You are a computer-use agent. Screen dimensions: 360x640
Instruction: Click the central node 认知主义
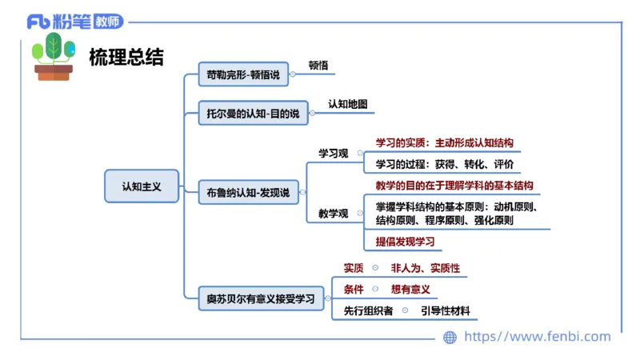pos(142,186)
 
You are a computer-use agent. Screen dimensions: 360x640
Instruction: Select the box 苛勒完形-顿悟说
pos(244,74)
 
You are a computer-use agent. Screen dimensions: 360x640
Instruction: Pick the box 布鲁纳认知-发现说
pos(247,192)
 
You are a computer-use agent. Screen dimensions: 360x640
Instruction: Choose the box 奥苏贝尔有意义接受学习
pos(261,299)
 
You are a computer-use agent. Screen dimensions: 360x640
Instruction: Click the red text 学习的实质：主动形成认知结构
pos(444,143)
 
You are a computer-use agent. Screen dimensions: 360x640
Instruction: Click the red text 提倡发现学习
pos(405,241)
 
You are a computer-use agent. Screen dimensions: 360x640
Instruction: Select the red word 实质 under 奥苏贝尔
pos(354,268)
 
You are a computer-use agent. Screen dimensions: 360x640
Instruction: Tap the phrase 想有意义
pos(410,289)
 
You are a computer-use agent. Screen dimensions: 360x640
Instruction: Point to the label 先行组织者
pos(368,310)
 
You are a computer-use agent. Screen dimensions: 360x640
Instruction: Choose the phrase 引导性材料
pos(446,310)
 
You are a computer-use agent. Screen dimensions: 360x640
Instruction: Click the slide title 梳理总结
pos(126,57)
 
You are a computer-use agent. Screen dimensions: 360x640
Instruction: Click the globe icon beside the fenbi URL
pos(450,337)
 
